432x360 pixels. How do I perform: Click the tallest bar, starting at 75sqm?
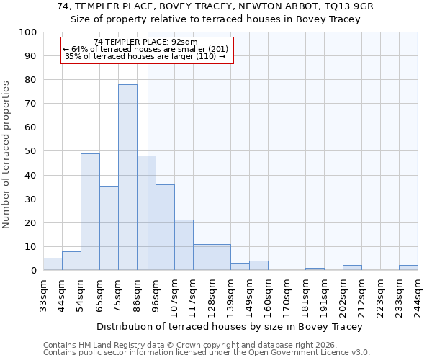click(127, 177)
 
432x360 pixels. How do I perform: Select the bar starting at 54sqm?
click(90, 212)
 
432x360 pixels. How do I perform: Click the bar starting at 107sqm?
click(184, 245)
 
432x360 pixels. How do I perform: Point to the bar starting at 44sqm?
click(71, 261)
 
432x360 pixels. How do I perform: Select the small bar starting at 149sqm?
click(258, 266)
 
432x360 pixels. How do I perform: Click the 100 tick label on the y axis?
click(29, 32)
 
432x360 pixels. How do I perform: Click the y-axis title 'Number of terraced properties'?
click(6, 155)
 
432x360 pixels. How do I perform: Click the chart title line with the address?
click(215, 6)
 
